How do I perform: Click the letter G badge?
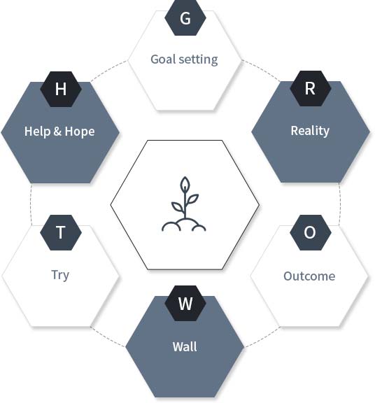185,17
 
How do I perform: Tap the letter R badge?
310,88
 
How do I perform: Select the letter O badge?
310,232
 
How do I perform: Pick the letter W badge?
185,303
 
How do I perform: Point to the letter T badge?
61,232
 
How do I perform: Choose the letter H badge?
61,89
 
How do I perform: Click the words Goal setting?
184,59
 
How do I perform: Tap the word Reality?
310,131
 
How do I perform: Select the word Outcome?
309,276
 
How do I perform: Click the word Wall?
185,347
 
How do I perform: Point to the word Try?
60,275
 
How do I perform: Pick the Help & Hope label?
59,132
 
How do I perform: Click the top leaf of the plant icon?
185,184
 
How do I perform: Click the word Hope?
80,132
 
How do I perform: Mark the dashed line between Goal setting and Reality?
261,70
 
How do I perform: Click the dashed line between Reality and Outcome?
340,204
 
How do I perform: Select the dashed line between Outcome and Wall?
262,338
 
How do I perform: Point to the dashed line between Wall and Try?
108,337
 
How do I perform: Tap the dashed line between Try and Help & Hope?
31,204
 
